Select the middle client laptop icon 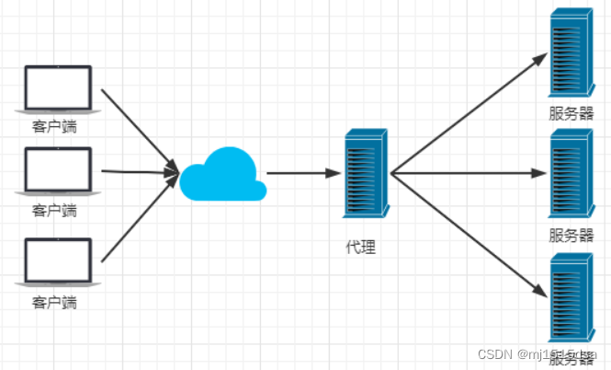tap(57, 171)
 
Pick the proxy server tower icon tap(365, 172)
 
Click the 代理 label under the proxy tap(360, 247)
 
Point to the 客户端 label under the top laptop tap(54, 127)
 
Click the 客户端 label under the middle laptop tap(54, 211)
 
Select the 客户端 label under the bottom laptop tap(54, 302)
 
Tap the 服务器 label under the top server tap(571, 114)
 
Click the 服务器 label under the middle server tap(571, 235)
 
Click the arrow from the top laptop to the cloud tap(138, 128)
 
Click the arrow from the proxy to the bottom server tap(469, 235)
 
